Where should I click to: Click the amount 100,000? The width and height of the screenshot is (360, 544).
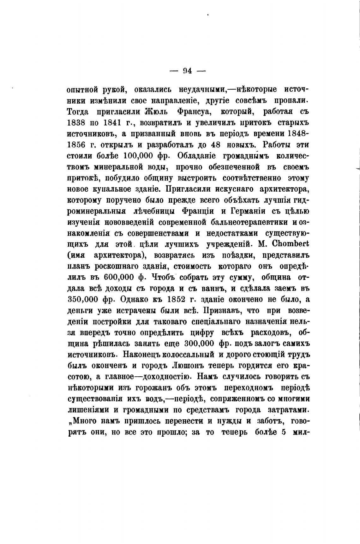(142, 156)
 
